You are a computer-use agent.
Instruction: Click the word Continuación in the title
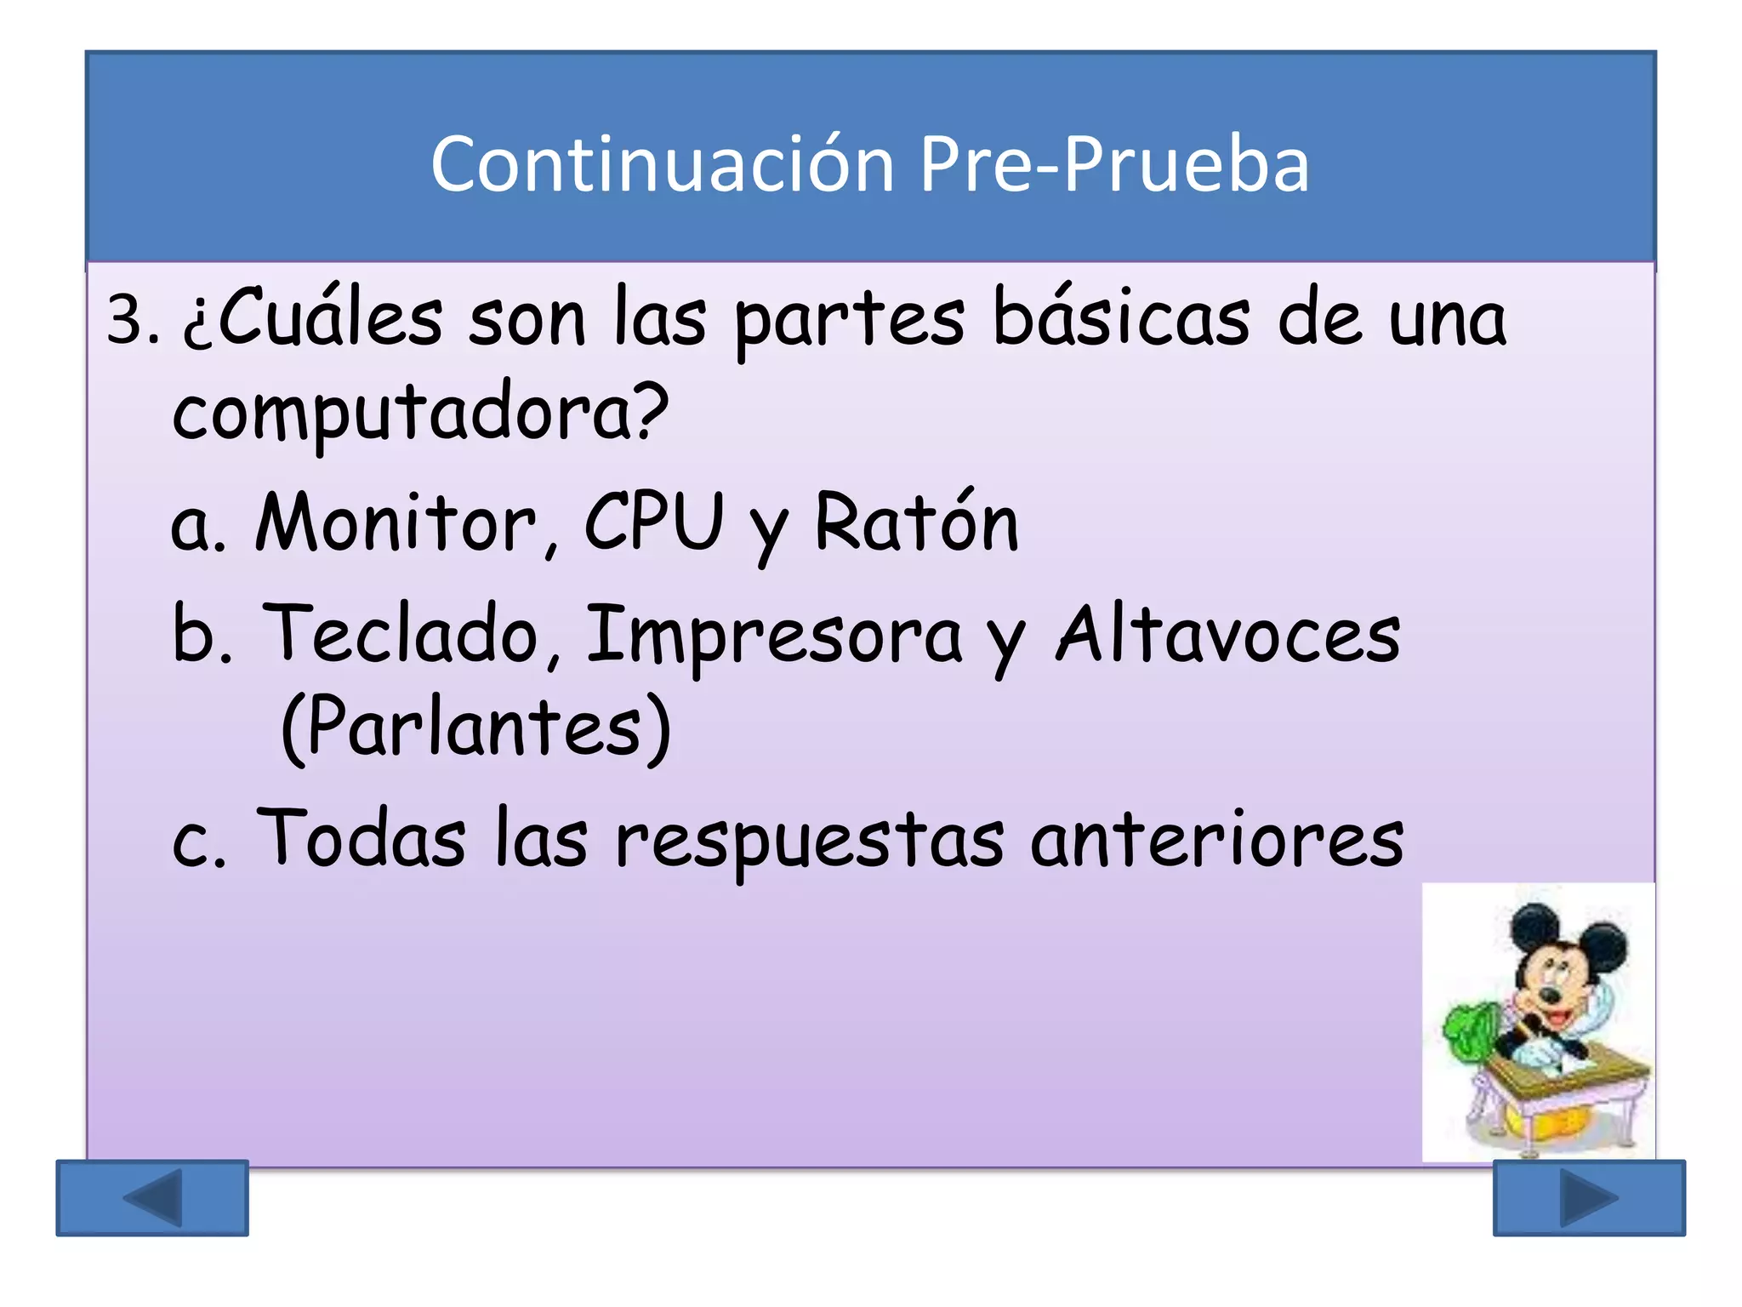coord(662,163)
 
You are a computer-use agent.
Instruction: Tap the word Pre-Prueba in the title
coord(1114,163)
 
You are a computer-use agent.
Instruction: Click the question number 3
coord(133,322)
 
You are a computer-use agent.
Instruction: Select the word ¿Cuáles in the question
coord(312,319)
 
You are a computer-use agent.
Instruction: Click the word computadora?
coord(420,413)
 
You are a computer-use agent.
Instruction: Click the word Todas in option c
coord(361,838)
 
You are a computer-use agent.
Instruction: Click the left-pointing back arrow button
coord(152,1197)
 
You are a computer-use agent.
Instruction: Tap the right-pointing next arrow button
coord(1589,1197)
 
